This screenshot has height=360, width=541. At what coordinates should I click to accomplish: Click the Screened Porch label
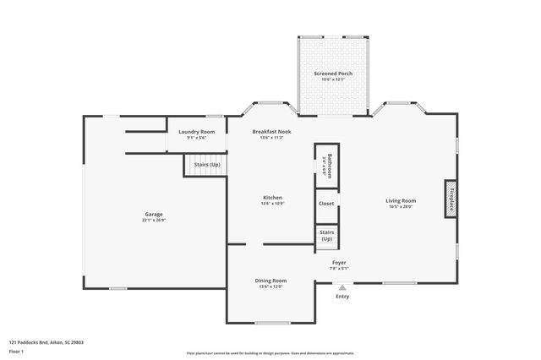click(x=333, y=74)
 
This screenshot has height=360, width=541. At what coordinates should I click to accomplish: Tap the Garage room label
click(x=153, y=214)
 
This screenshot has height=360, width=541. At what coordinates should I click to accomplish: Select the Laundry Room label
click(x=196, y=132)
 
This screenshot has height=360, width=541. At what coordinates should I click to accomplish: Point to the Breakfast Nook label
click(x=271, y=132)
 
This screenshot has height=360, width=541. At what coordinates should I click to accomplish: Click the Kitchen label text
click(x=271, y=198)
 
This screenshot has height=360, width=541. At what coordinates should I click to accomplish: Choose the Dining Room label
click(x=271, y=281)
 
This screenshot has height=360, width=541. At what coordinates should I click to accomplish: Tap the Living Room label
click(x=401, y=200)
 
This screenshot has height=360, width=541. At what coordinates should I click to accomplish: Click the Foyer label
click(x=339, y=263)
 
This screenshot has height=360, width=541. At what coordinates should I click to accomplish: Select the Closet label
click(x=326, y=204)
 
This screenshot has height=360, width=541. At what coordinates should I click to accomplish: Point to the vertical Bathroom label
click(x=331, y=165)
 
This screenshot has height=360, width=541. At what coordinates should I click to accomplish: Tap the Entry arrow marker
click(x=342, y=287)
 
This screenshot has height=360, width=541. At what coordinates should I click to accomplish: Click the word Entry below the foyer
click(x=342, y=297)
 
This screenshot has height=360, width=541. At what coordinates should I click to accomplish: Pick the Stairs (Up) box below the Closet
click(x=326, y=236)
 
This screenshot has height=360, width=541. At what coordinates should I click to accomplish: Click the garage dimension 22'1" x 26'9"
click(x=153, y=221)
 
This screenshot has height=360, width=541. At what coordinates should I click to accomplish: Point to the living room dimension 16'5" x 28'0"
click(x=401, y=207)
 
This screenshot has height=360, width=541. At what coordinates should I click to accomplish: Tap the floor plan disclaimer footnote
click(x=270, y=353)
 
